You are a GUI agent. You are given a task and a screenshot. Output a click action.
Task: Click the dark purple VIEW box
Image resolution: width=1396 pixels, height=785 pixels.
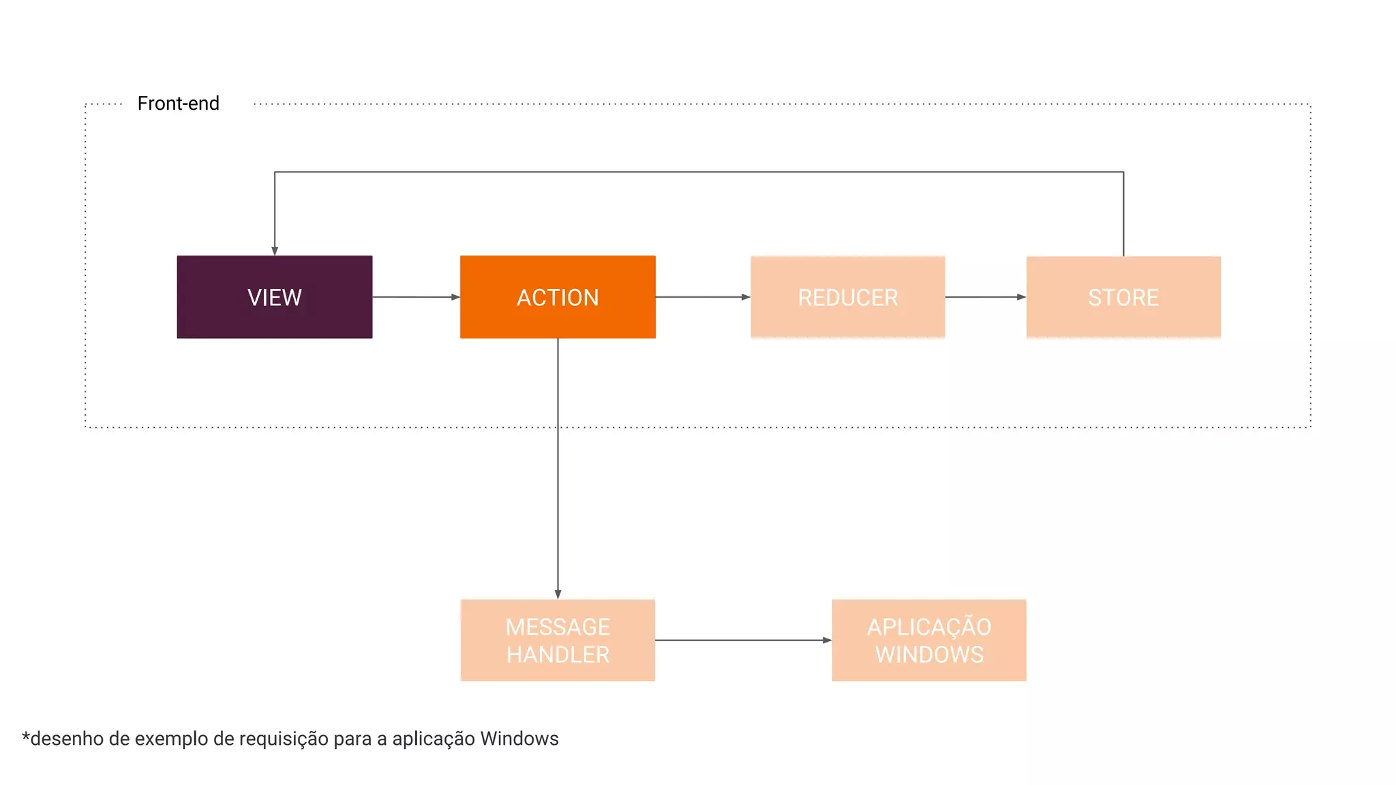pyautogui.click(x=274, y=297)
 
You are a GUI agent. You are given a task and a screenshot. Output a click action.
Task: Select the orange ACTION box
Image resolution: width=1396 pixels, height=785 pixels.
pyautogui.click(x=558, y=297)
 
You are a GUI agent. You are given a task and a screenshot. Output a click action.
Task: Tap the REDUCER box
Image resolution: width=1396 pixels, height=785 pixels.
pyautogui.click(x=847, y=297)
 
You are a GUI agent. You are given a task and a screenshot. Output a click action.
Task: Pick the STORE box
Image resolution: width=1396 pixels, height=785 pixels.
pyautogui.click(x=1123, y=297)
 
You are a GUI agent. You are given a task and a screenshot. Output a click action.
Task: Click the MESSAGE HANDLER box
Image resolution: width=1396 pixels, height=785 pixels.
pyautogui.click(x=558, y=640)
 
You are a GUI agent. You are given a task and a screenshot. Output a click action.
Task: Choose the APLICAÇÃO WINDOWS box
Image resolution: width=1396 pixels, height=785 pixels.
pyautogui.click(x=928, y=640)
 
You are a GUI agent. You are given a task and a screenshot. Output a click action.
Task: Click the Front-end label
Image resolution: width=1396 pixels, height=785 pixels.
pyautogui.click(x=178, y=104)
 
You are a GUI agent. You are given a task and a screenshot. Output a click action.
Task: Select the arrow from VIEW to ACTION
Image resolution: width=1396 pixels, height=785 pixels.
pyautogui.click(x=416, y=297)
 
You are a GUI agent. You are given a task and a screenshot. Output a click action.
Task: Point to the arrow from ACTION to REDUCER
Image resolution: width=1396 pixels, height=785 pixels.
pyautogui.click(x=702, y=297)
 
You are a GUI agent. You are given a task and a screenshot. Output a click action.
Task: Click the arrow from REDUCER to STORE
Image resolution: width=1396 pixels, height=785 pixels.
pyautogui.click(x=985, y=297)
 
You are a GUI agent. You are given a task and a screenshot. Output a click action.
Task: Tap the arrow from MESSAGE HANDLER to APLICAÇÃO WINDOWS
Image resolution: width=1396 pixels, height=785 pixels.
pyautogui.click(x=743, y=640)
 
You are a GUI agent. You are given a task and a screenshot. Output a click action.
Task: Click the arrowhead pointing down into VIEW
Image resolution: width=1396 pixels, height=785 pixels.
pyautogui.click(x=275, y=251)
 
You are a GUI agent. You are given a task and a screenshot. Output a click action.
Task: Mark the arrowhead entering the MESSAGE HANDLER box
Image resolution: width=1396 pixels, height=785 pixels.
pyautogui.click(x=558, y=594)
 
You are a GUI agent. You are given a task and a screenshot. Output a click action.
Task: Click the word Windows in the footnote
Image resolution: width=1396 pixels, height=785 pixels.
pyautogui.click(x=519, y=739)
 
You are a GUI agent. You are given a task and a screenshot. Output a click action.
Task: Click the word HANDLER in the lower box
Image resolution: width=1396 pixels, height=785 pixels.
pyautogui.click(x=558, y=655)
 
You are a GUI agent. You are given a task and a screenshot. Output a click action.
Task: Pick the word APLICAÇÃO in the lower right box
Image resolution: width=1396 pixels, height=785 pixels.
pyautogui.click(x=928, y=627)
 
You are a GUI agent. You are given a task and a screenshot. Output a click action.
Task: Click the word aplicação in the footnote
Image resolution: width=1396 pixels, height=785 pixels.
pyautogui.click(x=434, y=739)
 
